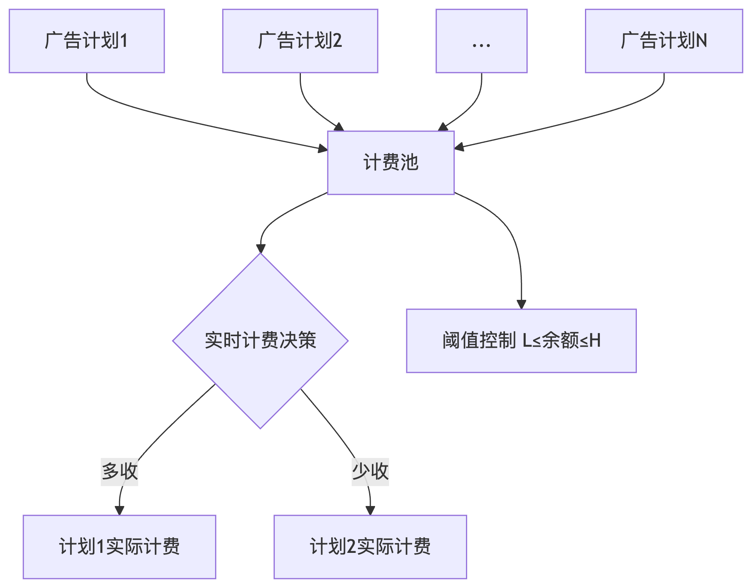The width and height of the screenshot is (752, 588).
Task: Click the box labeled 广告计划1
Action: tap(87, 41)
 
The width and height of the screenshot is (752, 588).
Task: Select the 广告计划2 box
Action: tap(300, 41)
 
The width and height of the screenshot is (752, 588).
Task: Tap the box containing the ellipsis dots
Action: tap(481, 41)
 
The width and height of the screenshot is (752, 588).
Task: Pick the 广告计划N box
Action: tap(663, 41)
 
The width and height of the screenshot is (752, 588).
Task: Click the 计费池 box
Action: tap(391, 162)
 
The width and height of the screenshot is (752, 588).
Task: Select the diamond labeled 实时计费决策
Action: tap(260, 340)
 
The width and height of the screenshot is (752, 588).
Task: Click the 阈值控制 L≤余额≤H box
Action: tap(521, 340)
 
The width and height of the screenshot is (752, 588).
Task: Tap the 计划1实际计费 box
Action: tap(119, 546)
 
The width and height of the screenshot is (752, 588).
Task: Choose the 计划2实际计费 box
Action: tap(370, 546)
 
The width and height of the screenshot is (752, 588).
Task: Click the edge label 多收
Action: tap(119, 471)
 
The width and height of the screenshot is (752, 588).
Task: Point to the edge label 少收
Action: tap(370, 471)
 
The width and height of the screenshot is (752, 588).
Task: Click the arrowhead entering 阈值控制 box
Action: tap(521, 305)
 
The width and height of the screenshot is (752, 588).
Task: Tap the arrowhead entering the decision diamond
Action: tap(261, 249)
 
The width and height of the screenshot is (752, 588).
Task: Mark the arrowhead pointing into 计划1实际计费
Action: tap(119, 510)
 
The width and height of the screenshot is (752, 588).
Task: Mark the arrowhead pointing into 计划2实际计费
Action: tap(370, 510)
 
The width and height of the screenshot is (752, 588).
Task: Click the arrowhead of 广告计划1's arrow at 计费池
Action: tap(323, 148)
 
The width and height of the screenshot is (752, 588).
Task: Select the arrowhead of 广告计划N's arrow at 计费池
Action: tap(459, 147)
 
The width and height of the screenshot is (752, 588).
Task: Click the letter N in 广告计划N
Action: tap(701, 41)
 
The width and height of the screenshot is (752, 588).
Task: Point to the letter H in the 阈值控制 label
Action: tap(595, 340)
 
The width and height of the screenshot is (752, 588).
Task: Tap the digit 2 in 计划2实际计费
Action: tap(351, 546)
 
